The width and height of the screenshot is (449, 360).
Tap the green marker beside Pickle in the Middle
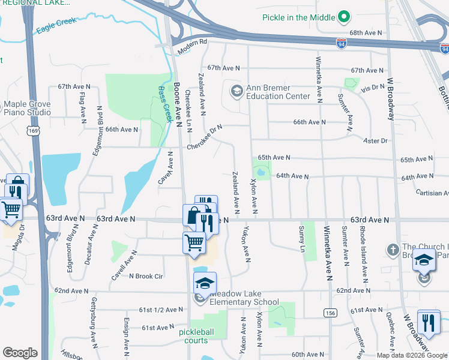(x=344, y=16)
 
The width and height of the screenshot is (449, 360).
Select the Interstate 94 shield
(x=341, y=44)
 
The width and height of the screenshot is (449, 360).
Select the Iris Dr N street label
(x=372, y=88)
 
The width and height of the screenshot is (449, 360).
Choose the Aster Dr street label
(x=376, y=140)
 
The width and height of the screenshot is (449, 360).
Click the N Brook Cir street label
(x=146, y=276)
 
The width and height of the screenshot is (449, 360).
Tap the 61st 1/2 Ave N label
(x=161, y=310)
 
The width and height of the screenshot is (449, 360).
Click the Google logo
(x=20, y=353)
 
